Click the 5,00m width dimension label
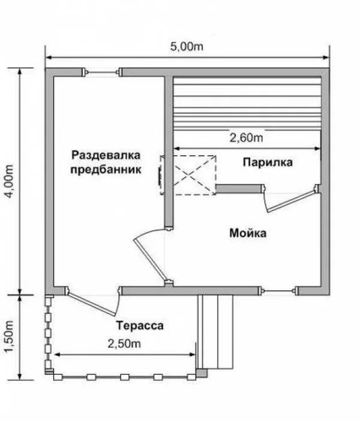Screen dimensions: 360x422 point(187,47)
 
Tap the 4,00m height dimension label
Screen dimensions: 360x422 point(9,181)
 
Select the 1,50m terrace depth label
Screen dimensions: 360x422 point(9,337)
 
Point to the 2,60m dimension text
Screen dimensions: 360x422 point(246,137)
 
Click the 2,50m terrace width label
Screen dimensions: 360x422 point(124,343)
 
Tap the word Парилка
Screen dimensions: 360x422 point(268,162)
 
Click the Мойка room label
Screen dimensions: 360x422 point(248,233)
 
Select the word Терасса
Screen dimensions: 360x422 point(140,325)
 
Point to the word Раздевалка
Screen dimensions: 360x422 point(106,155)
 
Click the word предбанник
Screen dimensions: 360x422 point(106,170)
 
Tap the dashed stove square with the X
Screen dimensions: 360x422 point(194,175)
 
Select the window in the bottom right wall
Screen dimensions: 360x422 point(278,291)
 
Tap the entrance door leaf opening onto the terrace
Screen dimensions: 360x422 point(92,305)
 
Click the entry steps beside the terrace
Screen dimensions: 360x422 point(215,332)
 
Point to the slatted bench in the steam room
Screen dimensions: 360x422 point(247,104)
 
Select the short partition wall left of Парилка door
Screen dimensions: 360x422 point(239,188)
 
